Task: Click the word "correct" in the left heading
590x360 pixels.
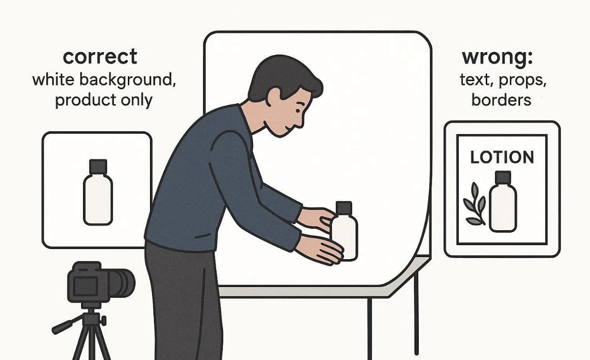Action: point(100,58)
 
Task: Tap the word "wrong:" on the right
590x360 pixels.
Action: point(497,58)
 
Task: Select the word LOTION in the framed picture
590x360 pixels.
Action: point(501,157)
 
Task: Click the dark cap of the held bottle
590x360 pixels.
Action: point(344,207)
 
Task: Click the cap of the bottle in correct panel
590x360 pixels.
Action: point(98,166)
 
